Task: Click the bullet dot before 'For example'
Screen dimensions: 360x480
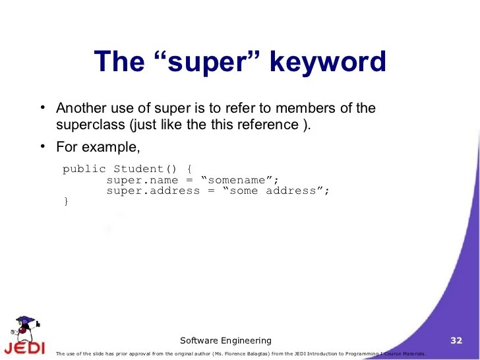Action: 42,145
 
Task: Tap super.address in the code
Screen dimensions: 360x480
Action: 152,191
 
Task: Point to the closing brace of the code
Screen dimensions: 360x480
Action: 65,201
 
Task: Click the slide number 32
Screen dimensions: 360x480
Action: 456,340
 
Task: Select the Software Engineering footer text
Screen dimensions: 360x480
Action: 225,340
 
